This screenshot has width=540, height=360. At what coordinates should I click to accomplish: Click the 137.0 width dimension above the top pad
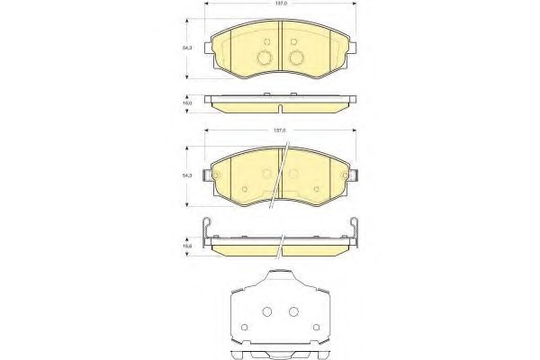coord(282,4)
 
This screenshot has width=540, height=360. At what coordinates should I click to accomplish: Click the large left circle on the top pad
coord(265,59)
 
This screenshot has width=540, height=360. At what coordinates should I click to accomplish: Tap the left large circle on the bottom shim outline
coord(267,311)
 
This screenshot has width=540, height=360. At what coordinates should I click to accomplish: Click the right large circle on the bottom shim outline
coord(292,311)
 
